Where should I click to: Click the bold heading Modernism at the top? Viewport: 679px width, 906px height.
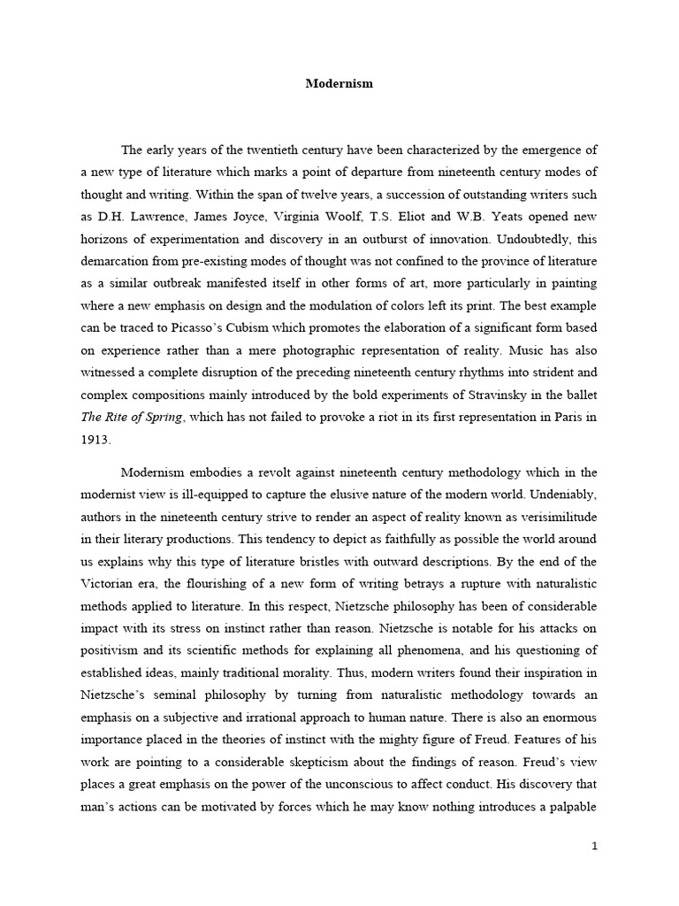[x=339, y=84]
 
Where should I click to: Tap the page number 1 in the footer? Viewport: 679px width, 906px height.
[x=595, y=846]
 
